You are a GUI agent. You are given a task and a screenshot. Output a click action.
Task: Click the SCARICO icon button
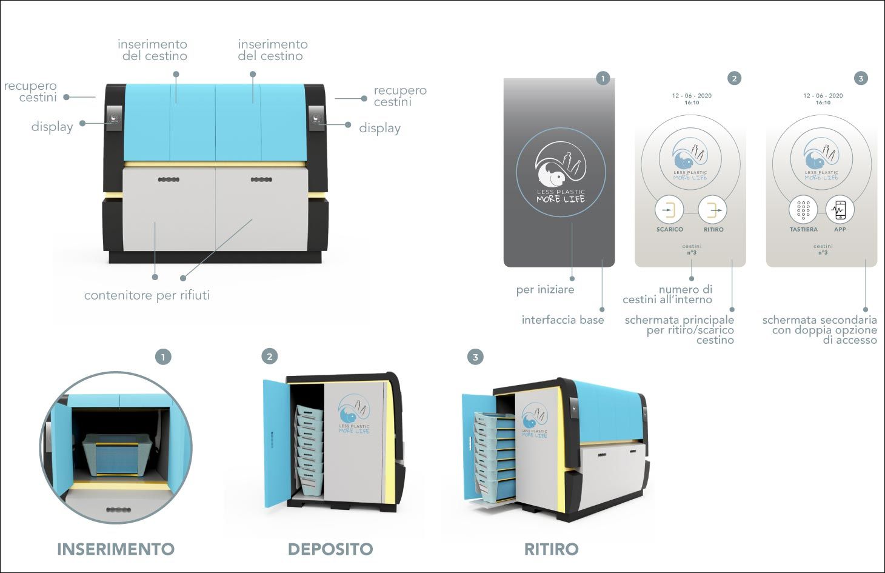(x=669, y=210)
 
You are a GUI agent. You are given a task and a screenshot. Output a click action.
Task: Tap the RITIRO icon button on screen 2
(x=712, y=210)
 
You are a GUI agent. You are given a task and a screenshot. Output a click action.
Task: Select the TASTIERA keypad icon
(x=803, y=210)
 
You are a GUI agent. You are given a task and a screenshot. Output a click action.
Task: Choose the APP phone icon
(x=840, y=210)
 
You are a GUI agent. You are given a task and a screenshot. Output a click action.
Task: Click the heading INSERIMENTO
(x=115, y=549)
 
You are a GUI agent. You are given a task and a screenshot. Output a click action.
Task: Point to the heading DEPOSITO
(x=330, y=549)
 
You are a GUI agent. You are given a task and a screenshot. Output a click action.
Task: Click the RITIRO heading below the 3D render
(x=551, y=549)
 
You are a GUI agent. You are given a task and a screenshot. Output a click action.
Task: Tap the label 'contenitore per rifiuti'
(x=147, y=295)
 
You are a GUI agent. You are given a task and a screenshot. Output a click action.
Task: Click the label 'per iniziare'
(x=545, y=290)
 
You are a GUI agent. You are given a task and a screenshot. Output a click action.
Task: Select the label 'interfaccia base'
(x=563, y=320)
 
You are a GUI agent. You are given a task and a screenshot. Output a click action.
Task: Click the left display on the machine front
(x=115, y=117)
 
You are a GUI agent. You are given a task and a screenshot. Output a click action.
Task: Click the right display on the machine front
(x=316, y=117)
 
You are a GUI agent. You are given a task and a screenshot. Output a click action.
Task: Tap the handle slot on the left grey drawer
(x=169, y=179)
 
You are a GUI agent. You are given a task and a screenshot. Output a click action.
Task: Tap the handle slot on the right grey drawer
(x=261, y=179)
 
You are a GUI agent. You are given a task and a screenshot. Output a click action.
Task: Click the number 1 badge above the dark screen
(x=603, y=78)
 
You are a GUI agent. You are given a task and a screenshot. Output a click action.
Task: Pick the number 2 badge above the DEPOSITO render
(x=270, y=357)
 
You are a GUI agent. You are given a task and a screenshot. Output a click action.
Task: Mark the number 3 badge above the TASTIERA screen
(x=860, y=78)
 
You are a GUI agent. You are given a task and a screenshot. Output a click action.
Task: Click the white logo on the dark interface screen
(x=561, y=172)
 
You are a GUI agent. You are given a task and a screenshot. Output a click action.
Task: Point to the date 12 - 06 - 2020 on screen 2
(x=692, y=96)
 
